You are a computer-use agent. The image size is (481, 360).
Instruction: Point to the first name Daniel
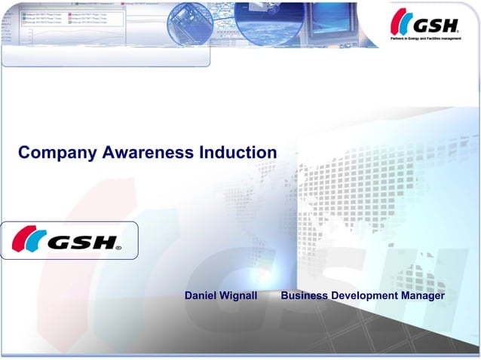[201, 296]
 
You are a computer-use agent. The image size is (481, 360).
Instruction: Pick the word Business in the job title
[304, 296]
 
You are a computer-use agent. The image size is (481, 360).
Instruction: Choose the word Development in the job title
[364, 296]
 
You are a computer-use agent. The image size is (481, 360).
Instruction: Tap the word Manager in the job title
[423, 296]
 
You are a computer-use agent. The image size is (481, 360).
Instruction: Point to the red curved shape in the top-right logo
[397, 23]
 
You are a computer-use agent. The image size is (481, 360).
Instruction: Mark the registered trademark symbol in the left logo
[118, 246]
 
